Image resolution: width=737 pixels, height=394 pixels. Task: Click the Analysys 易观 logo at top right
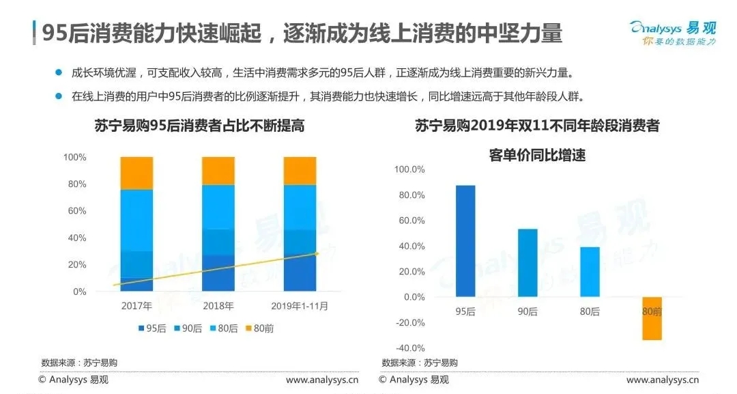click(x=672, y=33)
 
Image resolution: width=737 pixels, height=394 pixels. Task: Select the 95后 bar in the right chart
click(x=465, y=241)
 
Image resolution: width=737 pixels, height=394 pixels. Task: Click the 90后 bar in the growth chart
click(x=528, y=263)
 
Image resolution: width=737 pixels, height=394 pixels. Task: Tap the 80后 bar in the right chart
click(x=590, y=272)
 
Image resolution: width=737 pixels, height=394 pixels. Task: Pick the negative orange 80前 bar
click(x=652, y=318)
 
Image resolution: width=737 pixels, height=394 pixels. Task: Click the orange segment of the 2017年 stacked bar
click(x=136, y=173)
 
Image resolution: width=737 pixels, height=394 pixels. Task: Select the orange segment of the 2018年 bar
click(x=218, y=170)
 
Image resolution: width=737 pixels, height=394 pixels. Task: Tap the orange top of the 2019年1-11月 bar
click(x=300, y=171)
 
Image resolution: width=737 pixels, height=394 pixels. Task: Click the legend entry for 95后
click(x=154, y=328)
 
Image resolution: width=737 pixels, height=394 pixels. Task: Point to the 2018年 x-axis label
click(x=218, y=306)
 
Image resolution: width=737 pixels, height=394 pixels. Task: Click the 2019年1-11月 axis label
click(x=300, y=306)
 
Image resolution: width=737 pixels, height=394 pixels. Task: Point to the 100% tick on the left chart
click(x=74, y=157)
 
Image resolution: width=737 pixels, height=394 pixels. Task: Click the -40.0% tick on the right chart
click(x=409, y=348)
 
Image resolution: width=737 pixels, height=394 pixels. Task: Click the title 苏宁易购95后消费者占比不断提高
click(x=199, y=126)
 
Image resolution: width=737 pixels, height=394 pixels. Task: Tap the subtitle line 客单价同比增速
click(x=537, y=155)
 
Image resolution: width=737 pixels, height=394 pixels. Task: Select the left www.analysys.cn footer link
click(x=321, y=380)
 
